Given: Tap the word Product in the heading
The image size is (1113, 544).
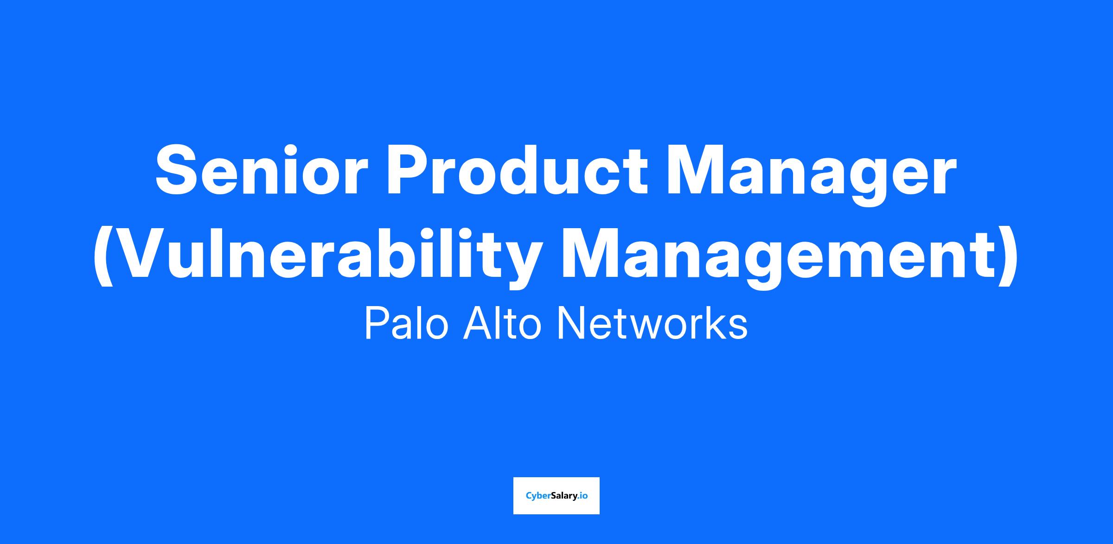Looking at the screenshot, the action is point(517,169).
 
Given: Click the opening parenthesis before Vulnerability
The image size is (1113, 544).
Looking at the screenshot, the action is point(103,258).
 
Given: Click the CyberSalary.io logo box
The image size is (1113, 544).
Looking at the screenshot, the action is point(556,496).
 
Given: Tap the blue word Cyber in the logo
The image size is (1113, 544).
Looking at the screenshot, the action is point(538,496).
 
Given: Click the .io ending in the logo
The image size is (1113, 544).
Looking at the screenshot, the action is point(583,496).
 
